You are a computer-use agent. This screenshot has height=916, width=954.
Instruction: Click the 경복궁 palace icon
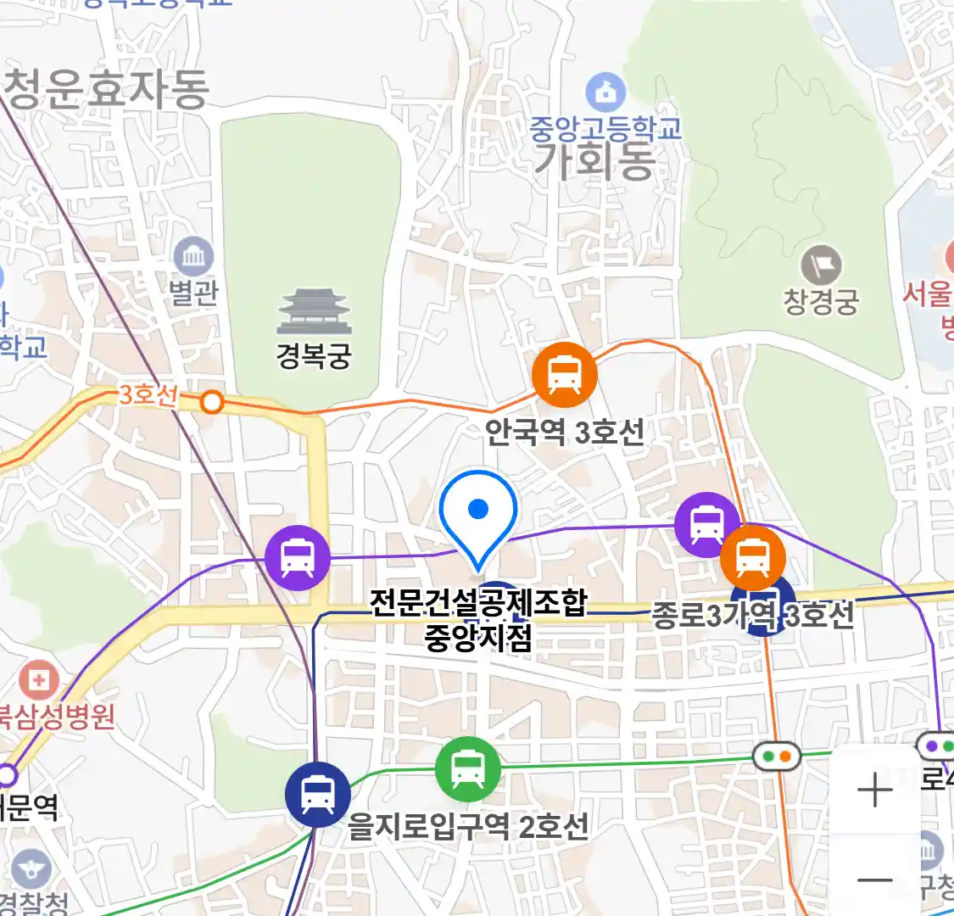point(314,312)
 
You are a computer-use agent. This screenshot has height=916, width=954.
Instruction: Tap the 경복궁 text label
point(314,355)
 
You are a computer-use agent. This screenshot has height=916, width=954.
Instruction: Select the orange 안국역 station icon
point(564,374)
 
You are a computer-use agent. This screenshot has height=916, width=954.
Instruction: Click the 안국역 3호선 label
point(564,432)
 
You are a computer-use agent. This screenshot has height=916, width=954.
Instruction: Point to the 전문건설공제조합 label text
point(478,603)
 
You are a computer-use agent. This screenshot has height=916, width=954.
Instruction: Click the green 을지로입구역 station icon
point(467,769)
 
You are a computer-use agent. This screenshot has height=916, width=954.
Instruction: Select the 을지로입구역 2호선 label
point(468,825)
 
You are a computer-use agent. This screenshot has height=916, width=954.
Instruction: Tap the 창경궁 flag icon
point(821,265)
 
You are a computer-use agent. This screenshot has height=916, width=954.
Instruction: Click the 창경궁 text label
point(821,301)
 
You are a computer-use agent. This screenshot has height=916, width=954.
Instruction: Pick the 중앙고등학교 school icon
point(605,92)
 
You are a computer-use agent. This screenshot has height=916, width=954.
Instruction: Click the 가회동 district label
point(594,160)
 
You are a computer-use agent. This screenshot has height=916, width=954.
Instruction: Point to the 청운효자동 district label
point(106,89)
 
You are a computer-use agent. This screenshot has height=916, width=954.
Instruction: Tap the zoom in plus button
point(874,791)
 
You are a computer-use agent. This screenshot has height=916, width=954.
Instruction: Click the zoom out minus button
point(874,880)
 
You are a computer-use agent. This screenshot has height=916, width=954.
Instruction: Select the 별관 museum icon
point(193,257)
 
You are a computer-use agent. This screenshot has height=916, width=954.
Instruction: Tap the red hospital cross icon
point(38,679)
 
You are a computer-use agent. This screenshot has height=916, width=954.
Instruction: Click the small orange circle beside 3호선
point(212,402)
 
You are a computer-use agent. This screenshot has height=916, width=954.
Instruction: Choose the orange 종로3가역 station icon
point(752,557)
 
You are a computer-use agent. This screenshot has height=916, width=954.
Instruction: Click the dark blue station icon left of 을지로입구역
point(318,795)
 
